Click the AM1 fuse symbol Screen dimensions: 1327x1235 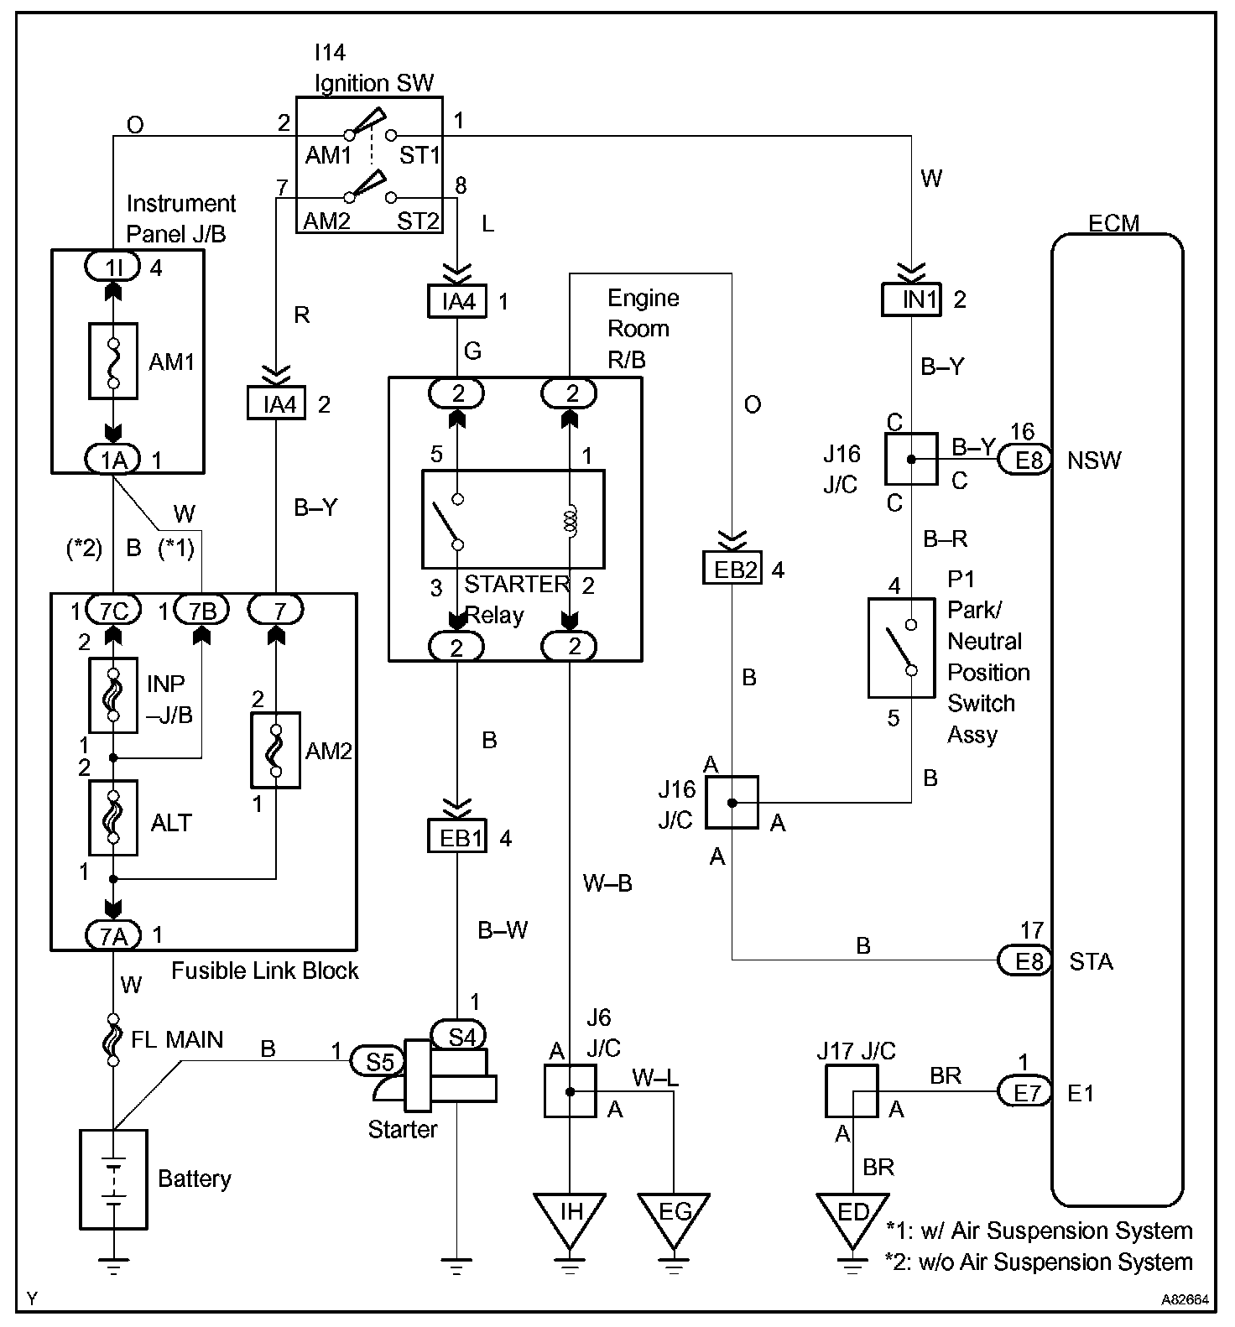(x=112, y=361)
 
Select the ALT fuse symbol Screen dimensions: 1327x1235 (x=112, y=818)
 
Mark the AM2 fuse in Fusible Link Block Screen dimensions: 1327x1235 (x=276, y=751)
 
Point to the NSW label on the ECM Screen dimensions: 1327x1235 (x=1094, y=461)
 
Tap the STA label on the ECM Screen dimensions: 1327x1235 (x=1091, y=961)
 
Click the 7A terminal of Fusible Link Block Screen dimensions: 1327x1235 (x=113, y=934)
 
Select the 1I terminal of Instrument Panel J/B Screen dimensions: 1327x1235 (x=112, y=268)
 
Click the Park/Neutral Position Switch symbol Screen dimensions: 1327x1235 (x=901, y=648)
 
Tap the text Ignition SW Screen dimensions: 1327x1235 (x=374, y=83)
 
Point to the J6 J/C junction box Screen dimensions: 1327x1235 (x=571, y=1091)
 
